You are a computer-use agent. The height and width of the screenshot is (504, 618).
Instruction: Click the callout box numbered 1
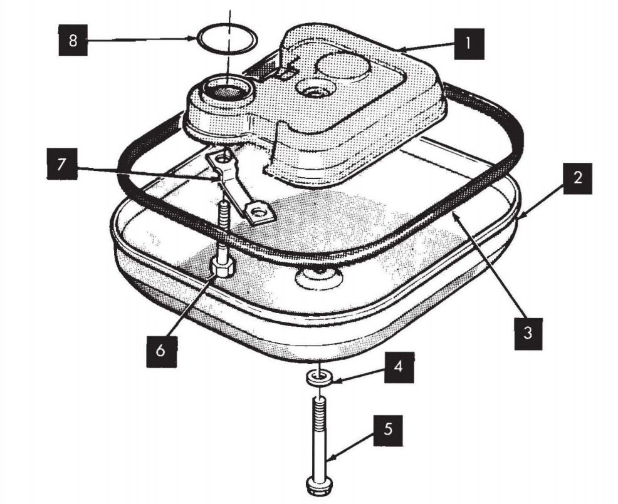[469, 44]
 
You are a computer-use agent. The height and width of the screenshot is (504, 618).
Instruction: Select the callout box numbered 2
[577, 178]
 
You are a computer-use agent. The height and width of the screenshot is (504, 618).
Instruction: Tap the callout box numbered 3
[528, 334]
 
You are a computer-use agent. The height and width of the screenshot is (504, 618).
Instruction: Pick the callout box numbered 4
[399, 368]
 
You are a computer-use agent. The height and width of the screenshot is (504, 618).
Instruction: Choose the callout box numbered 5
[388, 430]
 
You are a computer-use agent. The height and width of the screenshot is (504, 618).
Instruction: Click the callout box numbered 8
[73, 40]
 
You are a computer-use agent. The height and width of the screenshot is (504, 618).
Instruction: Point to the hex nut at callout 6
[223, 269]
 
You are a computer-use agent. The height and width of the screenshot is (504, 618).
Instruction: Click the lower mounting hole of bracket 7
[259, 213]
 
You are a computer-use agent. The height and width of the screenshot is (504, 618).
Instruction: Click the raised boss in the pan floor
[318, 277]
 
